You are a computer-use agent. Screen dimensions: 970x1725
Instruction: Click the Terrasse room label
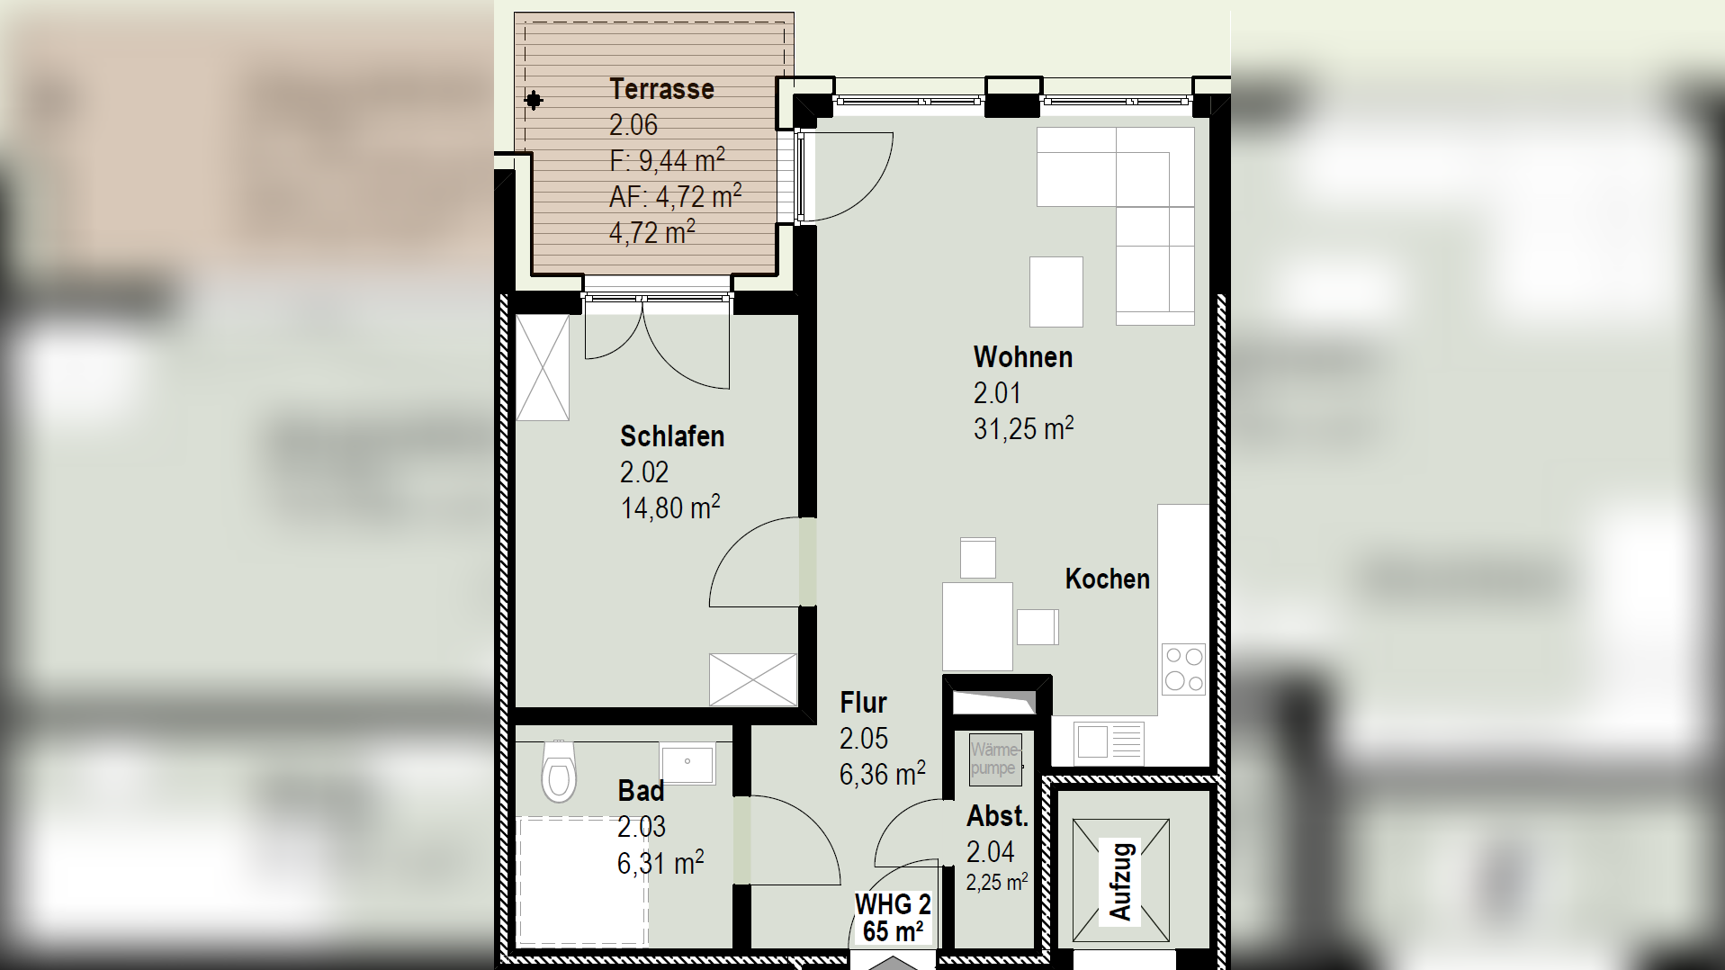tap(661, 89)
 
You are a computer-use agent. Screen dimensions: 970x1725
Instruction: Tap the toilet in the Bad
tap(559, 773)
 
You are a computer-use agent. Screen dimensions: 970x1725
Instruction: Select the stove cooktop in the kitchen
tap(1183, 669)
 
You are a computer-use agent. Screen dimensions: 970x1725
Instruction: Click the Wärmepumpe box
tap(994, 759)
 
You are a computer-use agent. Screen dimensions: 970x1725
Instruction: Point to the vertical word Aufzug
tap(1120, 881)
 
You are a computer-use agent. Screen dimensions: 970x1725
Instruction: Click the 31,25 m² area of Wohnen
tap(1023, 428)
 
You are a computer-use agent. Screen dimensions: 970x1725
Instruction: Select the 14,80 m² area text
tap(670, 507)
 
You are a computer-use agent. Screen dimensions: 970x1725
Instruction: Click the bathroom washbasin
tap(687, 764)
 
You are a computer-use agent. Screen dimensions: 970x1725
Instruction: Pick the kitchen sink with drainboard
tap(1109, 742)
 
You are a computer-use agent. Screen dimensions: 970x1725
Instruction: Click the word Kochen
tap(1107, 579)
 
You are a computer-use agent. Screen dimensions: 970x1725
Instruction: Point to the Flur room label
tap(863, 703)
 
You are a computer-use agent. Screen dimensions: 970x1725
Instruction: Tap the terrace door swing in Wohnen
tap(846, 176)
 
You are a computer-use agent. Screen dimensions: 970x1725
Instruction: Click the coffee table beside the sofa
tap(1056, 292)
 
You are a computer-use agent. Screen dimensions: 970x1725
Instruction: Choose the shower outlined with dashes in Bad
tap(582, 880)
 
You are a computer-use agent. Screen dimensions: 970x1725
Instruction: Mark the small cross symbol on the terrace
tap(534, 100)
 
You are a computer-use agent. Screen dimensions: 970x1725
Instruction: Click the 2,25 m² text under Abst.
tap(996, 883)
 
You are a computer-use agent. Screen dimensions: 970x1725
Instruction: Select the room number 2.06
tap(633, 125)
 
